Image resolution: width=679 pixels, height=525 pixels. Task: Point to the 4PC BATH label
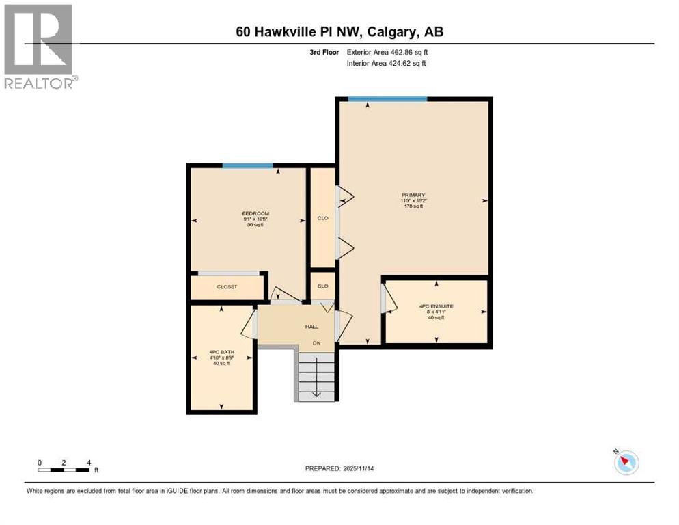[x=222, y=352]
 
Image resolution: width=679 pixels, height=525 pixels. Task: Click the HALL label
[x=311, y=327]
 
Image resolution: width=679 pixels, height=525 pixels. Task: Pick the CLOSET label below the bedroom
[x=227, y=287]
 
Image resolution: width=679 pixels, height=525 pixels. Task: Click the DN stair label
[x=316, y=342]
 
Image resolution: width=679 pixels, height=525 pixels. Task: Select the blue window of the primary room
[x=387, y=99]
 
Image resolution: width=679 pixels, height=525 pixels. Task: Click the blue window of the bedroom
[x=247, y=165]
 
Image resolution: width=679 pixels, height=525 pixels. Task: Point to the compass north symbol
[x=626, y=462]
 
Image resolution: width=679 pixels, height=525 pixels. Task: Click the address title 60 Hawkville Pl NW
[x=339, y=31]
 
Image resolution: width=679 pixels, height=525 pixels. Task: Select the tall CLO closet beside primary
[x=322, y=217]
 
